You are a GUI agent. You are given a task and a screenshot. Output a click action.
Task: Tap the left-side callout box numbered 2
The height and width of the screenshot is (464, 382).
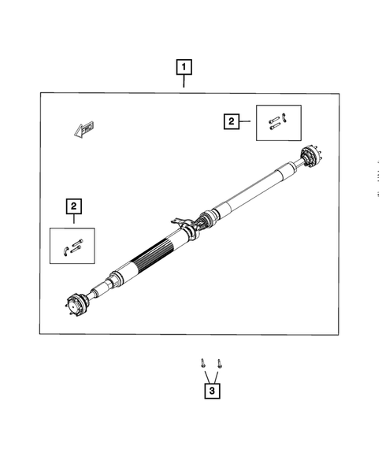tap(73, 206)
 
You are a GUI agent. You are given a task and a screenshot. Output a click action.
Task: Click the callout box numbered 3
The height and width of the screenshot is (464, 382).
tap(210, 390)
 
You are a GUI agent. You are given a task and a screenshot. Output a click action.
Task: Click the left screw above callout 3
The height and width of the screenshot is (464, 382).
tap(203, 363)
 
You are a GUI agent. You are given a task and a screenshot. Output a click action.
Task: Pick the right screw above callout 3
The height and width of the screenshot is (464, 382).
tap(218, 363)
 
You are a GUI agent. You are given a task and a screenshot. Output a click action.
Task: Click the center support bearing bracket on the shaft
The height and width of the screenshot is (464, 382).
tap(187, 229)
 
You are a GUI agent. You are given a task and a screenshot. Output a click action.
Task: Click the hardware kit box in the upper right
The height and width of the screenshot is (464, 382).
tap(278, 121)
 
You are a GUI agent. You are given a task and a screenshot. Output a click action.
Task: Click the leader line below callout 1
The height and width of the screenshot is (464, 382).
tap(184, 84)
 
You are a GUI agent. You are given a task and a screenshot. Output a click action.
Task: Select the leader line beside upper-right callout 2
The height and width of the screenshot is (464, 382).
tap(247, 121)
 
